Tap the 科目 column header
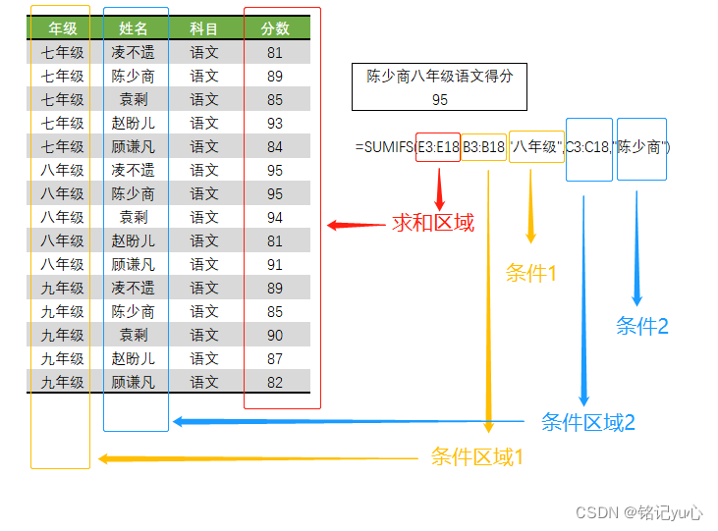click(204, 29)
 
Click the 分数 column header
click(275, 29)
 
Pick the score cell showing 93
click(275, 124)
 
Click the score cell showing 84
click(275, 147)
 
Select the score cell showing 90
click(275, 336)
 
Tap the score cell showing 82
click(275, 383)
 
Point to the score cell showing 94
click(275, 218)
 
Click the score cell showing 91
click(275, 265)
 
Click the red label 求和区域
click(433, 224)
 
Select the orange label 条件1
click(531, 274)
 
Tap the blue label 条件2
click(642, 327)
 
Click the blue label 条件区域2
click(588, 423)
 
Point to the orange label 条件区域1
click(477, 456)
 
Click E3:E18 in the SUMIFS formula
click(438, 147)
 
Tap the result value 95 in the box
click(439, 99)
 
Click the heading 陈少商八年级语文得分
click(439, 77)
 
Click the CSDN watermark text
click(639, 512)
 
